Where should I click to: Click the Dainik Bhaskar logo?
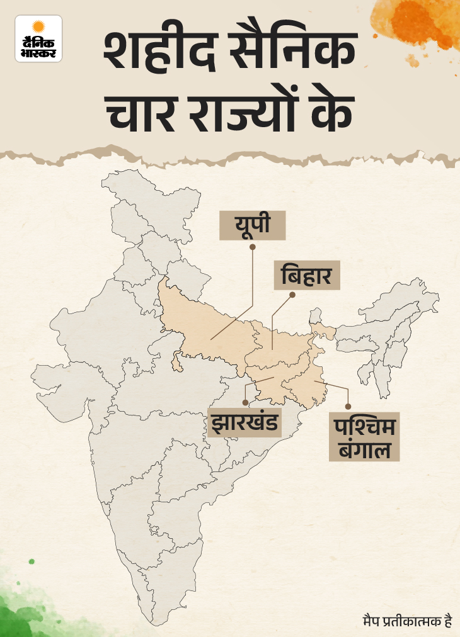pyautogui.click(x=38, y=38)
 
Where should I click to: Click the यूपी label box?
pyautogui.click(x=252, y=225)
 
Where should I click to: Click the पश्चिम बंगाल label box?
pyautogui.click(x=364, y=438)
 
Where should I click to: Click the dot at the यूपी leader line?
pyautogui.click(x=252, y=247)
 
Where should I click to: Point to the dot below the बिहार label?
pyautogui.click(x=291, y=294)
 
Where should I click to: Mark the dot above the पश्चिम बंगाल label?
pyautogui.click(x=347, y=407)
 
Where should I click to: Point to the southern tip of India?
pyautogui.click(x=151, y=620)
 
